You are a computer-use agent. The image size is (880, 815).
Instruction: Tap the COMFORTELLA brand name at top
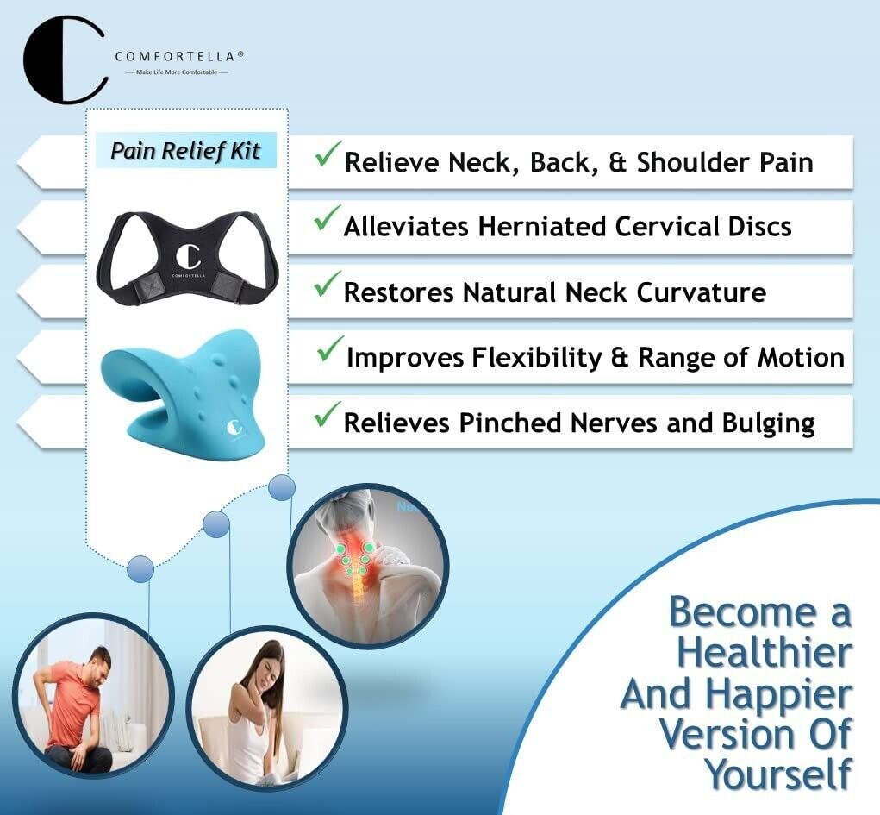pyautogui.click(x=179, y=56)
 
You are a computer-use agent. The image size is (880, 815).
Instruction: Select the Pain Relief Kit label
pyautogui.click(x=186, y=151)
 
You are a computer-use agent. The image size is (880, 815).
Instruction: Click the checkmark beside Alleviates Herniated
pyautogui.click(x=328, y=218)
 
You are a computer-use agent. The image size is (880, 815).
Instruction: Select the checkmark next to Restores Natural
pyautogui.click(x=328, y=284)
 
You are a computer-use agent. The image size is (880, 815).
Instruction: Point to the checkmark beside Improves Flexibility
pyautogui.click(x=330, y=348)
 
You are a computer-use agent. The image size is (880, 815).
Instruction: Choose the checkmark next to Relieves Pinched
pyautogui.click(x=328, y=415)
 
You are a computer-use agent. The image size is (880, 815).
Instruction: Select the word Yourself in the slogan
pyautogui.click(x=778, y=774)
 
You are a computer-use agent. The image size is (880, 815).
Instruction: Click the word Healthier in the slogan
pyautogui.click(x=765, y=652)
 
